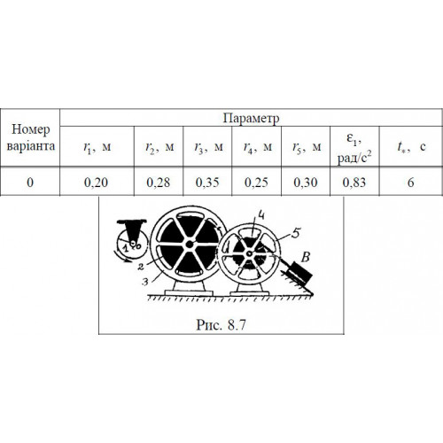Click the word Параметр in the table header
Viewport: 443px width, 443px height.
tap(251, 118)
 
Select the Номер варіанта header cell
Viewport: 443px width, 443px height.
tap(30, 137)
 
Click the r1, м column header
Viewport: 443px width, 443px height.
tap(97, 146)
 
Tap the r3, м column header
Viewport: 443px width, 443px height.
tap(207, 146)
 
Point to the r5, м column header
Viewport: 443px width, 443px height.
tap(306, 146)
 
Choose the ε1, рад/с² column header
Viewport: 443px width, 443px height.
tap(354, 146)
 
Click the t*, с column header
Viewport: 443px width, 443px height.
tap(411, 146)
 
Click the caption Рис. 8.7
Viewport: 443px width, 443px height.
tap(221, 325)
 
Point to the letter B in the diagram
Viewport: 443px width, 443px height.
tap(306, 257)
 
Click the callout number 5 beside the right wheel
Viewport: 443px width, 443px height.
tap(295, 233)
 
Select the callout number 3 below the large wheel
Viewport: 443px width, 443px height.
tap(144, 282)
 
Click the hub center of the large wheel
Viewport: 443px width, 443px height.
tap(190, 245)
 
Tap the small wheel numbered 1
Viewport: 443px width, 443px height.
tap(132, 244)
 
